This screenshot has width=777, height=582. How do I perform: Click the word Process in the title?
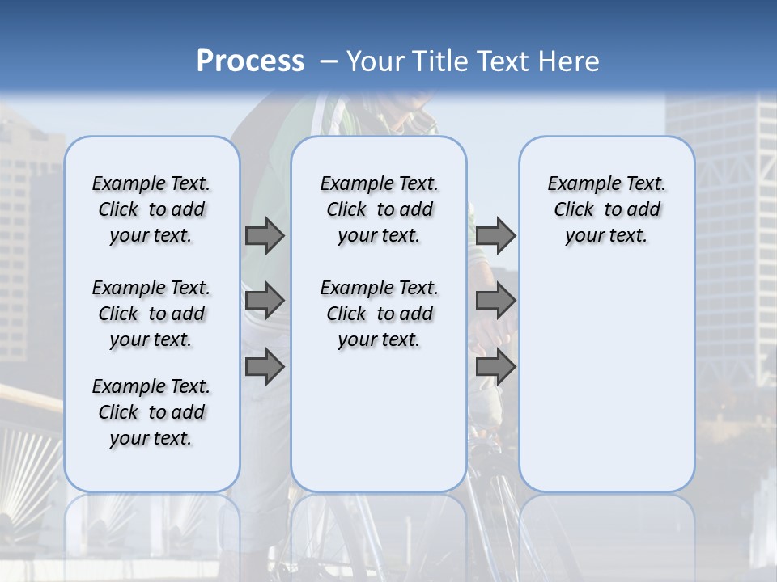click(x=250, y=61)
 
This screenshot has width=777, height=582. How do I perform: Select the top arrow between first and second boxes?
click(x=265, y=235)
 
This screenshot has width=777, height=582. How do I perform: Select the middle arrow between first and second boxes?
click(x=265, y=301)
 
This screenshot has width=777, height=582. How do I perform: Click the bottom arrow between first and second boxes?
click(x=265, y=367)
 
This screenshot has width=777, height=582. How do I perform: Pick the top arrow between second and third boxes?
click(x=495, y=235)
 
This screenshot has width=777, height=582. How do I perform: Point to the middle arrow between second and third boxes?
click(x=495, y=301)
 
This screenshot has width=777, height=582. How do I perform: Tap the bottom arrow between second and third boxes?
click(x=495, y=367)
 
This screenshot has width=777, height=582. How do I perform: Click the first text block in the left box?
click(x=151, y=209)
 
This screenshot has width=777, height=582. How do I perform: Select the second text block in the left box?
click(x=151, y=314)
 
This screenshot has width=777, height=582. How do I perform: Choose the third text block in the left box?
click(x=151, y=412)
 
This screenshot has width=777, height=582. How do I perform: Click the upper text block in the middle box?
click(x=379, y=209)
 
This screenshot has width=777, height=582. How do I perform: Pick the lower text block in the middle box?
click(x=379, y=314)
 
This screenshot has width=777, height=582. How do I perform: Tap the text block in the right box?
click(x=606, y=209)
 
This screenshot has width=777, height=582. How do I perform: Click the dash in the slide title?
click(x=329, y=62)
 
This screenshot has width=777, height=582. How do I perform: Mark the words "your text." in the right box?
click(x=606, y=236)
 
